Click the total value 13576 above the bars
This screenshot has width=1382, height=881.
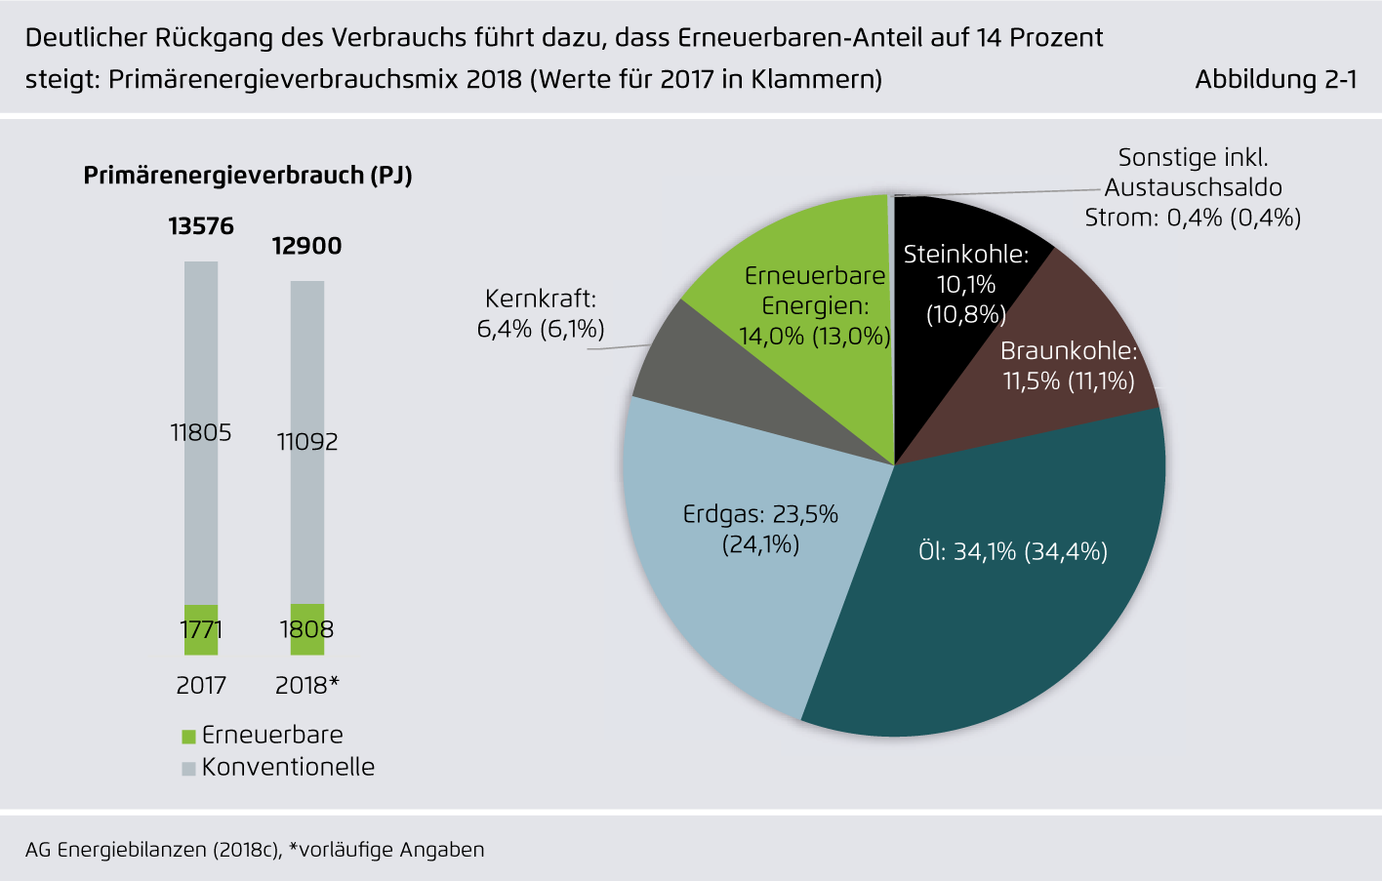[201, 226]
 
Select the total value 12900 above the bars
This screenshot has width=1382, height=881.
[306, 246]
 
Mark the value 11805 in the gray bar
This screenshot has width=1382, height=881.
[201, 432]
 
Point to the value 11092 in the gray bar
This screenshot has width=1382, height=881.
[306, 442]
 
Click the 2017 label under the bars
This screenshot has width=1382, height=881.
[201, 685]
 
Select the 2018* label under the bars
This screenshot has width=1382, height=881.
[306, 685]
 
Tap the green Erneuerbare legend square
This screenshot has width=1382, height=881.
[189, 737]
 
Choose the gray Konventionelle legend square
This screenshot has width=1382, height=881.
[189, 769]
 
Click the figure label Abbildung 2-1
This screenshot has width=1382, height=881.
[1276, 79]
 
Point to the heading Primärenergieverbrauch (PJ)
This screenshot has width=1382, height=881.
[248, 176]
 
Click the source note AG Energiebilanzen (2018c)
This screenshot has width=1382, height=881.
[153, 850]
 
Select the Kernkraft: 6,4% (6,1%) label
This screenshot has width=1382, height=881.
[541, 313]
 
